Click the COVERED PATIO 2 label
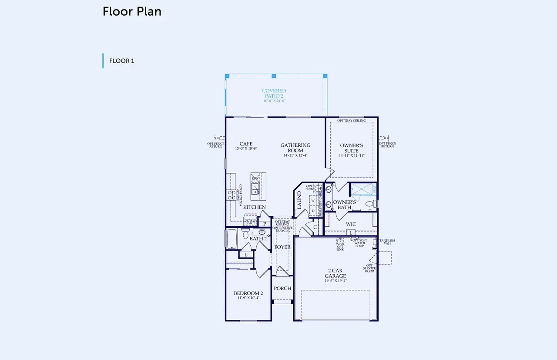click(274, 94)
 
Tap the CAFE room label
click(246, 144)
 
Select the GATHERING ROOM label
click(295, 148)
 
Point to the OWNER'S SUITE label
click(352, 148)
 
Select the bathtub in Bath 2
click(231, 239)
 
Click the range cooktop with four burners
click(232, 194)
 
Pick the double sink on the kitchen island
click(255, 188)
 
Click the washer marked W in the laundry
click(313, 201)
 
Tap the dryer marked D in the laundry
click(313, 210)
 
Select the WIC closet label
click(351, 224)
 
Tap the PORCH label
click(282, 288)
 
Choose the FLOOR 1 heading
click(121, 61)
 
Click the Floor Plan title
click(132, 12)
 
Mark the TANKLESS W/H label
click(387, 242)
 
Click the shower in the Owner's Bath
click(362, 189)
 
